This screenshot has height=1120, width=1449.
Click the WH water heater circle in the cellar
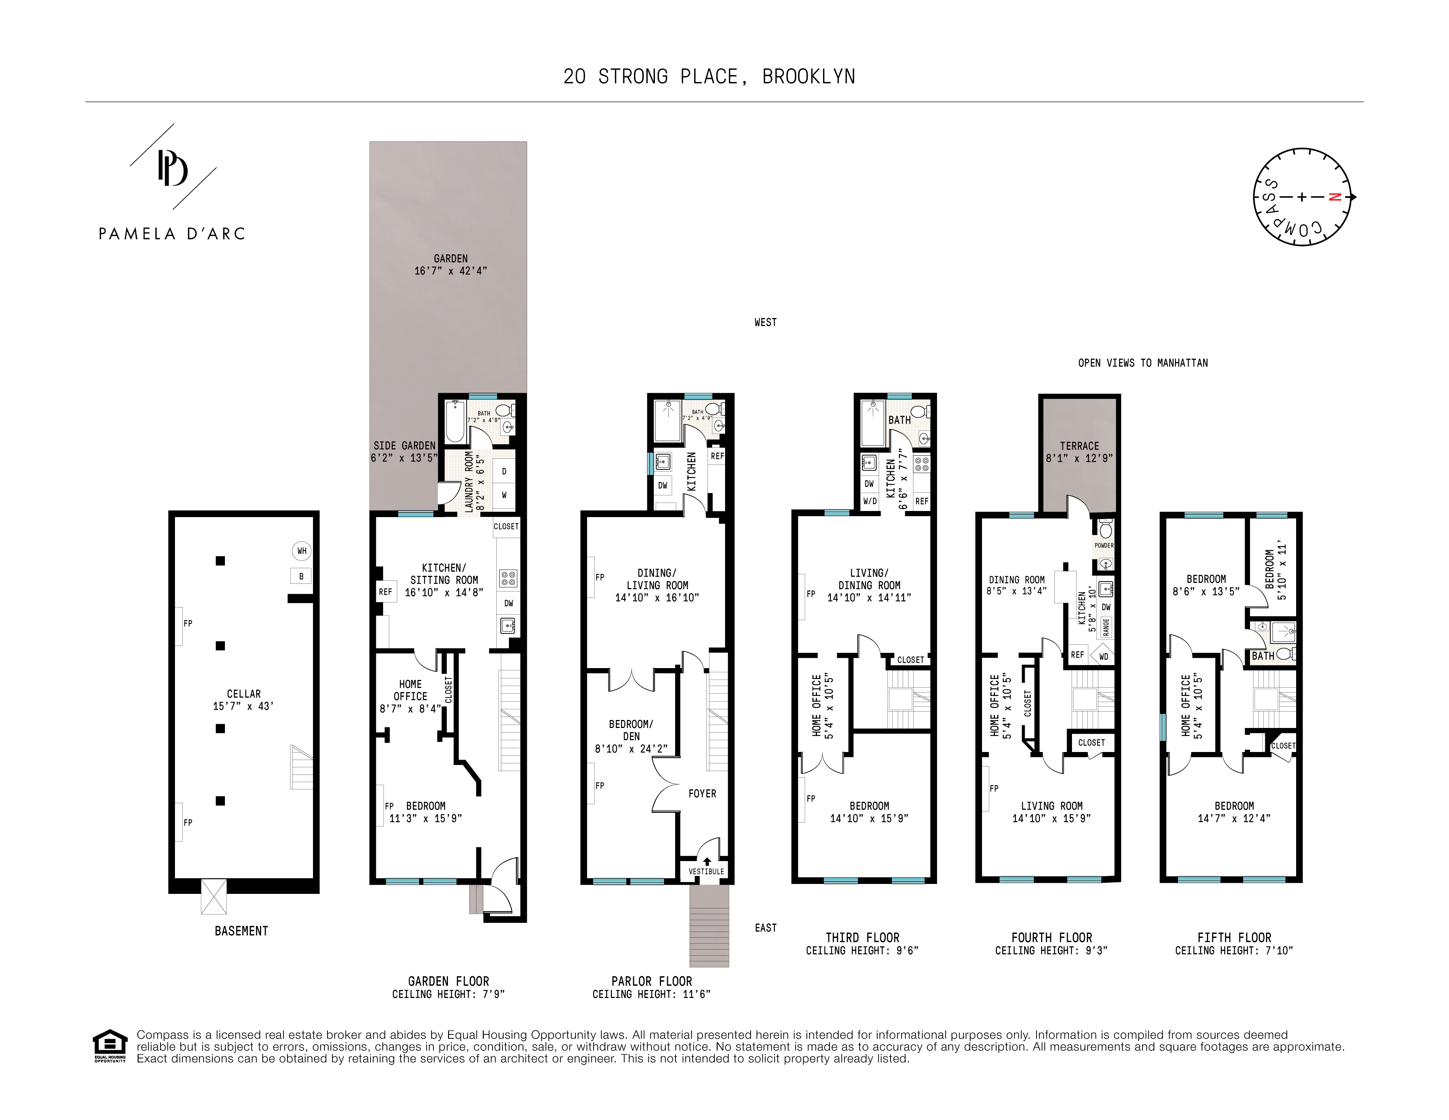[302, 551]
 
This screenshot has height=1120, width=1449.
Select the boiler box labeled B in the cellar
[301, 576]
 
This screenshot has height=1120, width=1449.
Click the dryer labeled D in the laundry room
[504, 471]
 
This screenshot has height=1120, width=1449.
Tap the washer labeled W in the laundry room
[504, 495]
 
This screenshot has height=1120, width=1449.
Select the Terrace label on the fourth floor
[1080, 446]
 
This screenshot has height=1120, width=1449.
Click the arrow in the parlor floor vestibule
[707, 861]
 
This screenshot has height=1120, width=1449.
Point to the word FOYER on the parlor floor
[703, 794]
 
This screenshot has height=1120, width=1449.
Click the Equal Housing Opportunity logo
[109, 1046]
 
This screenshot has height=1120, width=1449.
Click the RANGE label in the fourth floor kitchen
[1106, 626]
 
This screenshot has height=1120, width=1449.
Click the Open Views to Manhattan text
[1143, 363]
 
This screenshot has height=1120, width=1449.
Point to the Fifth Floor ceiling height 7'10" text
[1234, 951]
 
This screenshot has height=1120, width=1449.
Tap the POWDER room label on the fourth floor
[1104, 545]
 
